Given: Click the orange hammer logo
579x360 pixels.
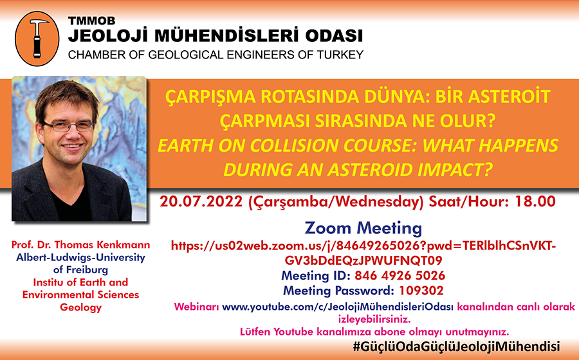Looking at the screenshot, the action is coord(37,39).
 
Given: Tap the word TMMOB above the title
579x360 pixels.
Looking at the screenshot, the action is coord(92,21).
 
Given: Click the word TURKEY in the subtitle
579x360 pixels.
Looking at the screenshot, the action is coord(340,55).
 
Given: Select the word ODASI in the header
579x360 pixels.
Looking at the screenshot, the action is coord(334,36).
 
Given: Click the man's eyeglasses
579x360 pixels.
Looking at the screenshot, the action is coord(68,126).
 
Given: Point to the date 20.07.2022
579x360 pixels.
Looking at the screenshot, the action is coord(201,202).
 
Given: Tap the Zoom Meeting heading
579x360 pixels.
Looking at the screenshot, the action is coord(363,228).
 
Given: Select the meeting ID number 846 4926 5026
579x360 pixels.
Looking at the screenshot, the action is coord(400,276).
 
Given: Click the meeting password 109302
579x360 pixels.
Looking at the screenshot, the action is coord(421,291).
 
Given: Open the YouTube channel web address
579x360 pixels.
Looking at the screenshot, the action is coord(338,307).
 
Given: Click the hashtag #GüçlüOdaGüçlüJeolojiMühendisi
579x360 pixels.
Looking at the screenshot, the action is coord(456,346).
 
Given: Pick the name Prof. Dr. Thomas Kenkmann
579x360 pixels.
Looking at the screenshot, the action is coord(80,245).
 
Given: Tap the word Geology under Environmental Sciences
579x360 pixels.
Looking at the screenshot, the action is coord(80,308).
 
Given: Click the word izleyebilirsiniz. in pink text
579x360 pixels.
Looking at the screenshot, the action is coord(374,319).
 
